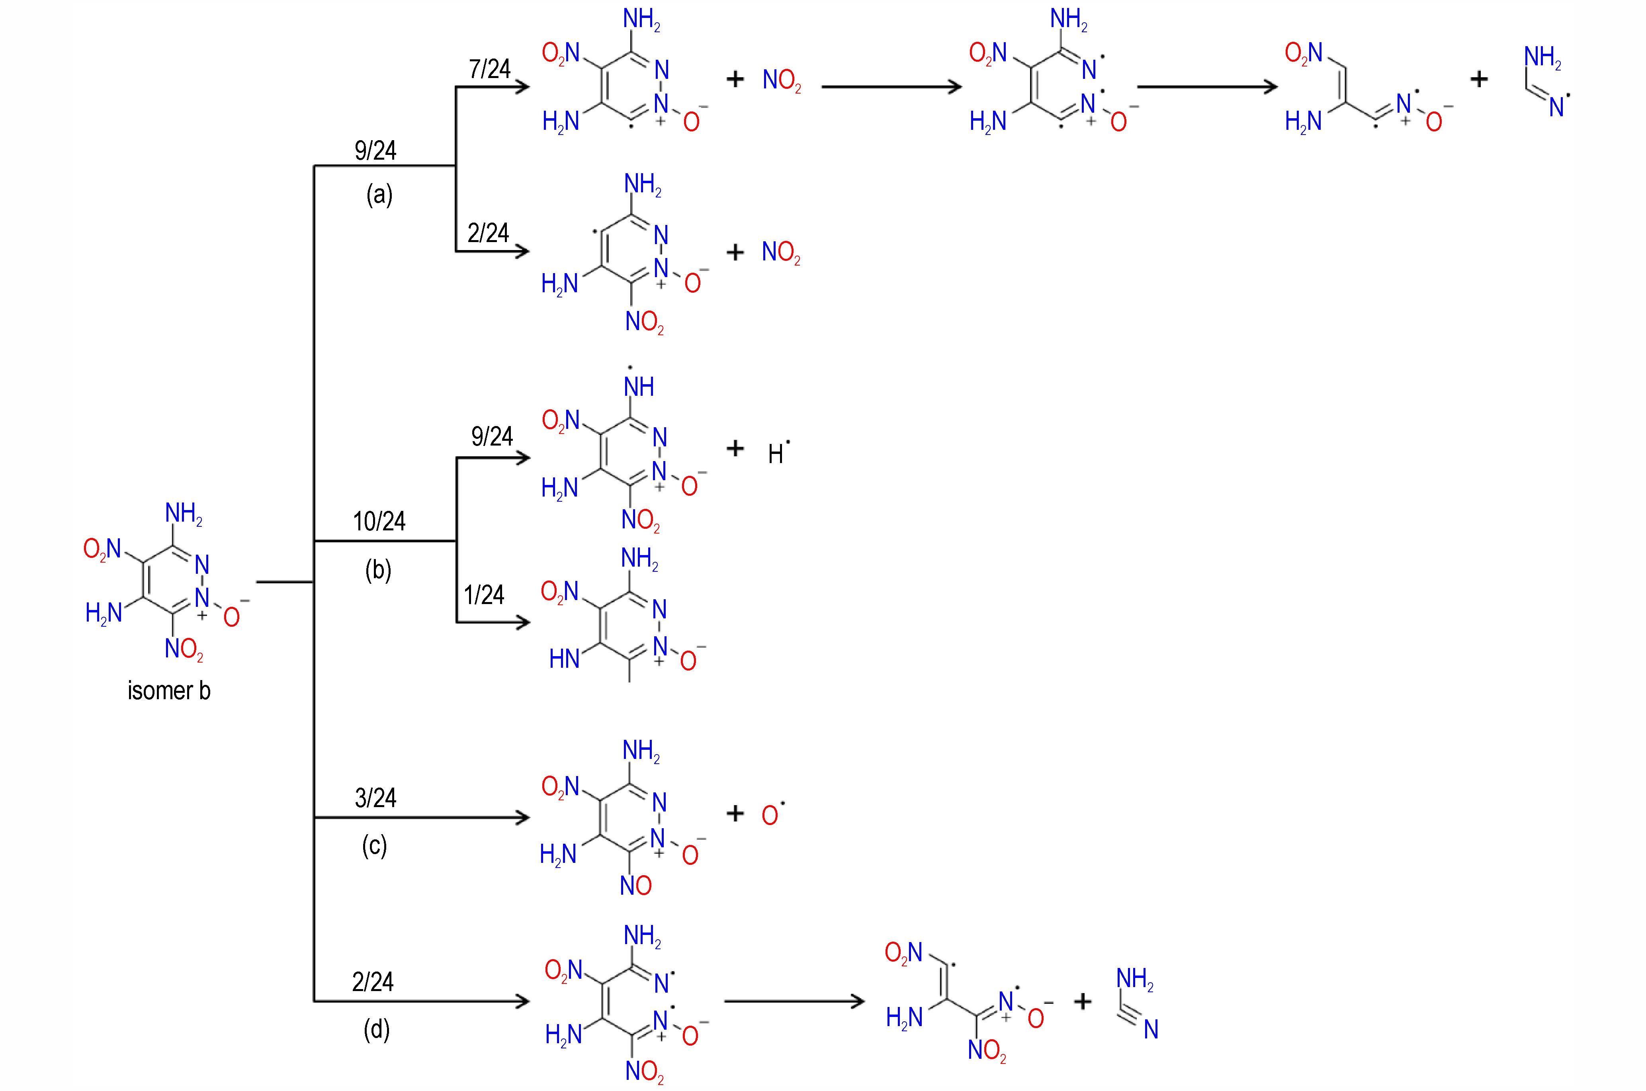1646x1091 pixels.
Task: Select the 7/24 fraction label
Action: point(490,69)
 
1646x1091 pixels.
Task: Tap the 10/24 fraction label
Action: point(379,521)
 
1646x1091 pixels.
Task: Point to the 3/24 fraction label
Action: point(376,798)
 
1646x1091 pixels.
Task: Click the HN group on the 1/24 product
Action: point(564,658)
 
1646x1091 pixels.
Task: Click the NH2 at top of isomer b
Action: point(184,514)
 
